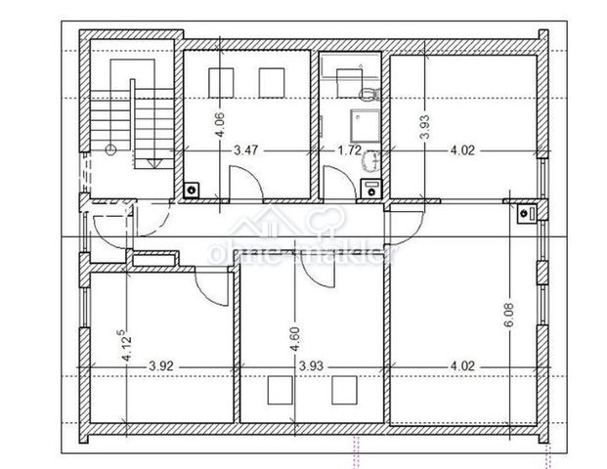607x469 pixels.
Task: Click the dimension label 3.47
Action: (x=245, y=151)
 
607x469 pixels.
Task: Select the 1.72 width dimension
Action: (x=348, y=151)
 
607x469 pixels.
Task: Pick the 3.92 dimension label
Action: (x=162, y=367)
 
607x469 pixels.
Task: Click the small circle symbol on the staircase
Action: (x=110, y=149)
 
